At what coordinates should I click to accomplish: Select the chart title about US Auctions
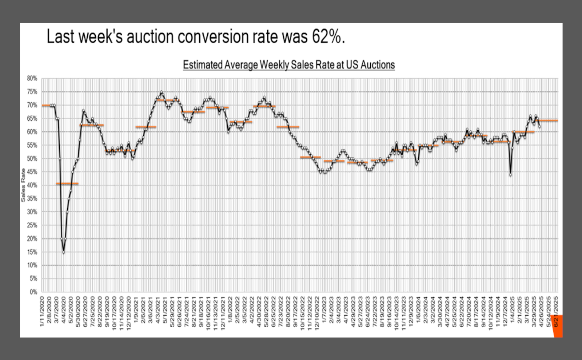pyautogui.click(x=288, y=65)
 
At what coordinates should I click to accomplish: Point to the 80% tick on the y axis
pyautogui.click(x=32, y=78)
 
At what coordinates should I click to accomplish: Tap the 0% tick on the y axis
pyautogui.click(x=33, y=292)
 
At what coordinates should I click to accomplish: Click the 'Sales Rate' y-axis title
pyautogui.click(x=23, y=185)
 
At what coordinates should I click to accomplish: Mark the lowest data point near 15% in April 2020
pyautogui.click(x=64, y=252)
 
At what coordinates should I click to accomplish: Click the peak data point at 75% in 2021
pyautogui.click(x=162, y=92)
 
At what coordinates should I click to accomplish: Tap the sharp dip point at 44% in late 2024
pyautogui.click(x=511, y=175)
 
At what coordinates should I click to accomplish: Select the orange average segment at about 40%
pyautogui.click(x=67, y=184)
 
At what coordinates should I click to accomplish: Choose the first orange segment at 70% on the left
pyautogui.click(x=46, y=105)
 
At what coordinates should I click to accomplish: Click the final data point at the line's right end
pyautogui.click(x=539, y=127)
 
